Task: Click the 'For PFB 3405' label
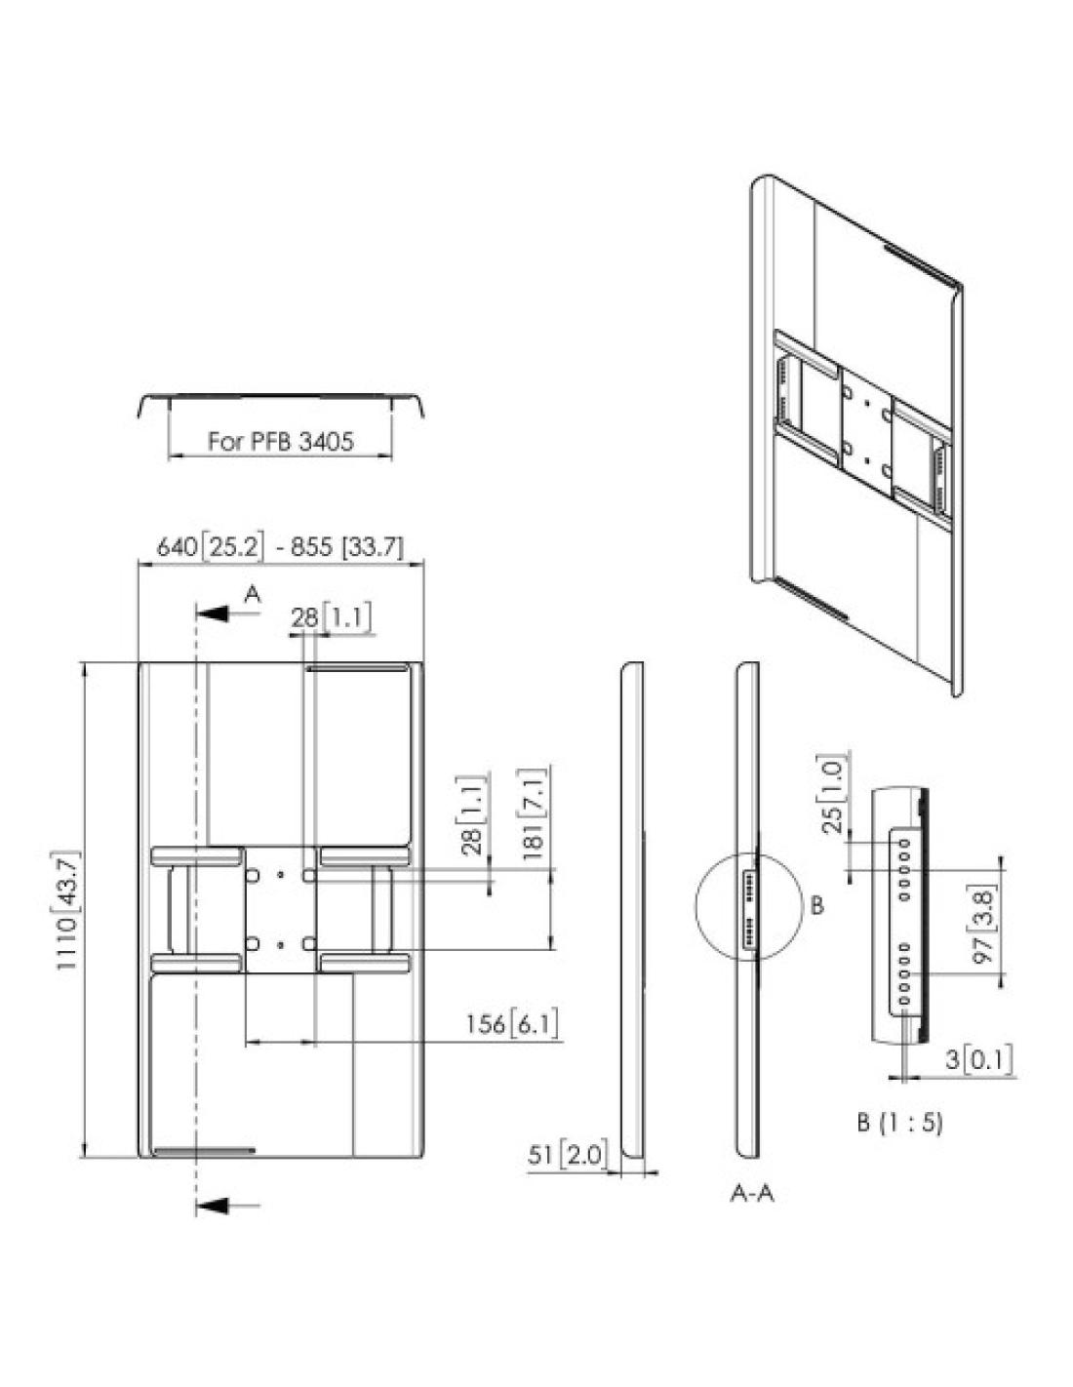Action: (280, 442)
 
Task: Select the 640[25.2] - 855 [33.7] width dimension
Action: (280, 547)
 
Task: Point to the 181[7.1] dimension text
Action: (535, 808)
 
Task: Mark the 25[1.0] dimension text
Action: (834, 792)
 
